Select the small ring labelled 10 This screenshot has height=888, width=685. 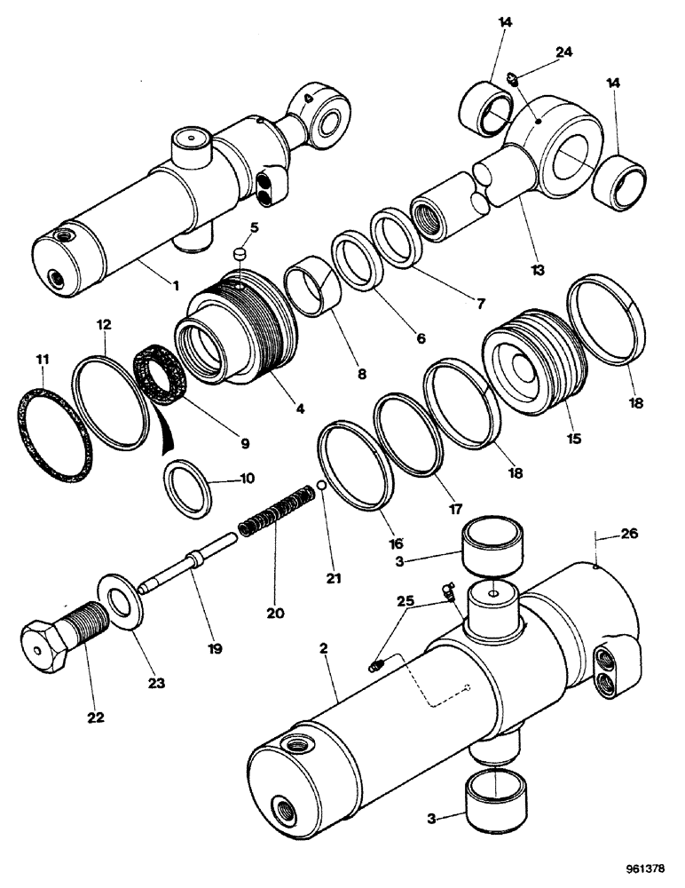[188, 486]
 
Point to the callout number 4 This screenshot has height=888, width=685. [301, 409]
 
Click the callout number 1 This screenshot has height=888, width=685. [175, 285]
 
